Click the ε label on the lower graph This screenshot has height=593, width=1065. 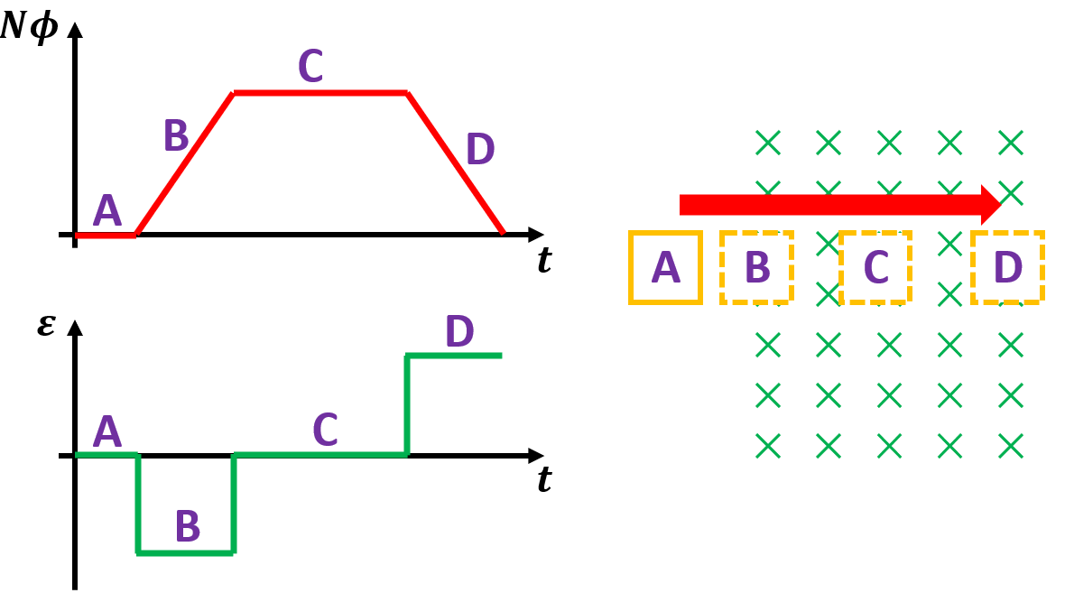tap(45, 326)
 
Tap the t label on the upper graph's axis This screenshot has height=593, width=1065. tap(543, 260)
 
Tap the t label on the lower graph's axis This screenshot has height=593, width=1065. tap(543, 480)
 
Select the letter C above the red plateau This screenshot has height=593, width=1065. tap(310, 65)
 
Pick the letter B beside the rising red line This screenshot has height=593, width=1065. tap(176, 135)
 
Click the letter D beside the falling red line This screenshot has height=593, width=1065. tap(480, 149)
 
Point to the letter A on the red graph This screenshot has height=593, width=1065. tap(106, 211)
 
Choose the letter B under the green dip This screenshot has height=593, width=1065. tap(187, 526)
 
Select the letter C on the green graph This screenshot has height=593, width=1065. tap(325, 430)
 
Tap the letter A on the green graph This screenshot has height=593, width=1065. tap(106, 431)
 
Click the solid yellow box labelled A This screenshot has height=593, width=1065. tap(665, 267)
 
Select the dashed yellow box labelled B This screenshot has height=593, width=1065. tap(756, 267)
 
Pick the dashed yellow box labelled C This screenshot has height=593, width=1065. tap(875, 267)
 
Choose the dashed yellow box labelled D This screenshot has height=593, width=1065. tap(1007, 267)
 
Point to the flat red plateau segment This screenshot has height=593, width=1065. tap(320, 92)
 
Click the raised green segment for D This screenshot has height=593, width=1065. tap(454, 356)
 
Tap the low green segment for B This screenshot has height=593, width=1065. tap(185, 551)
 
